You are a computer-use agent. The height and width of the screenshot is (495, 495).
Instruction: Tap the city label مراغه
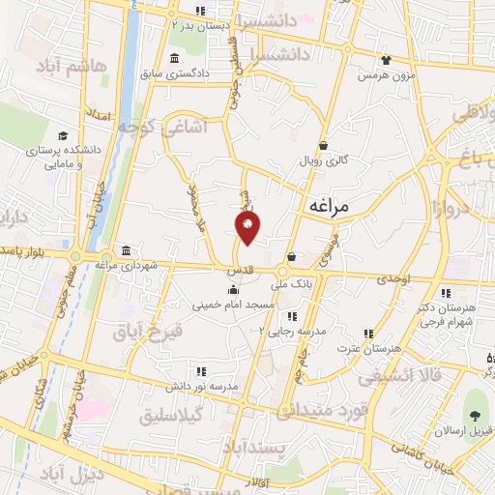[333, 206]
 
